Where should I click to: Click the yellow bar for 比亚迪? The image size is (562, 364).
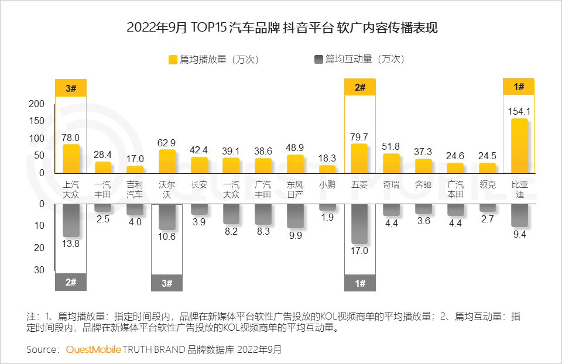519,146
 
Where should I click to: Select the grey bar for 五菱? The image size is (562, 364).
359,224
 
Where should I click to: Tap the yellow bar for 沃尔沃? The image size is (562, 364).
167,162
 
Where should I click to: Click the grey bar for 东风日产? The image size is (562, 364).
295,216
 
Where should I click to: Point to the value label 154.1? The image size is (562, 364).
519,111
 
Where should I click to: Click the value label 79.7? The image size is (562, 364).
359,137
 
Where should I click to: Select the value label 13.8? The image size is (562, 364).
71,243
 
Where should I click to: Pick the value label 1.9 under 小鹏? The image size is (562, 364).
327,217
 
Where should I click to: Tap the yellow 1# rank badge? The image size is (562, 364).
519,87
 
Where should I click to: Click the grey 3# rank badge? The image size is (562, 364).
167,283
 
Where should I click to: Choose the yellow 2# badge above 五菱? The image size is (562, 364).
359,87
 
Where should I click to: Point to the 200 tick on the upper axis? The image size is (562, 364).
37,104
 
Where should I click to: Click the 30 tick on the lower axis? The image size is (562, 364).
39,270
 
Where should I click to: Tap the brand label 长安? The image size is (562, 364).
199,184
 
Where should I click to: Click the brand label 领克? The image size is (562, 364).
487,184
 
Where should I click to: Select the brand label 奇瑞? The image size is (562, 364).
391,184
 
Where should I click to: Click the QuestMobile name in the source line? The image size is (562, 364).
94,349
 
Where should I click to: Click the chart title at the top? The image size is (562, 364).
282,28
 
